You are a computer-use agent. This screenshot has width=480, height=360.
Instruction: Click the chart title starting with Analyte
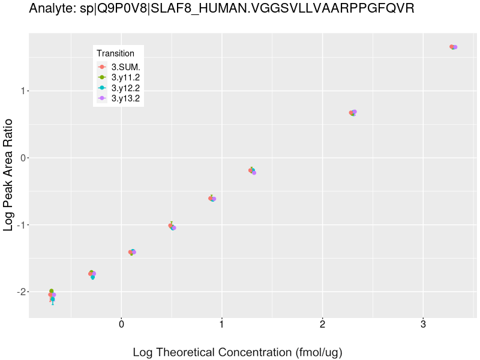coord(221,9)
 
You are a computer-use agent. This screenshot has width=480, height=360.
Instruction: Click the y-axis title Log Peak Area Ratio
coord(9,174)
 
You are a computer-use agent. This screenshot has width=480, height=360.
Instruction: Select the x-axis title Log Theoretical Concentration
coord(237,352)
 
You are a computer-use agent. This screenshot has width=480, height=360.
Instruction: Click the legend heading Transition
coord(116,53)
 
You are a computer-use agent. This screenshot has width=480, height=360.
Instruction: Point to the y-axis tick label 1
coord(22,91)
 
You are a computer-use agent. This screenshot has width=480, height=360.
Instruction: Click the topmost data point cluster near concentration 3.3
coord(454,47)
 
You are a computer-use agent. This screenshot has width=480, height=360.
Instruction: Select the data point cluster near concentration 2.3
coord(353,113)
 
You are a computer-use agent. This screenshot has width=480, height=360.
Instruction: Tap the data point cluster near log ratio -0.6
coord(212,199)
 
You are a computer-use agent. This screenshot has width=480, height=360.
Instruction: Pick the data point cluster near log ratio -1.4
coord(132,252)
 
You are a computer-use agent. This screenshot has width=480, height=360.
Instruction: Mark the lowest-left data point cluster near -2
coord(52,295)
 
